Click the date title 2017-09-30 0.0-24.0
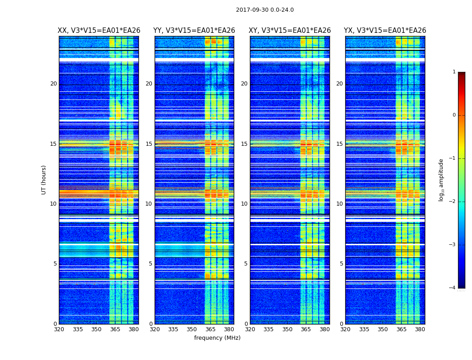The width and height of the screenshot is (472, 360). [x=265, y=10]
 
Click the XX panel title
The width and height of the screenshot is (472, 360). [x=99, y=31]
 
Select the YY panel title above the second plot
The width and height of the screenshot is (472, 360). [x=194, y=31]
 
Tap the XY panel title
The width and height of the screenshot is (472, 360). [x=290, y=31]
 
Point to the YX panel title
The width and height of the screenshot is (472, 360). [x=385, y=31]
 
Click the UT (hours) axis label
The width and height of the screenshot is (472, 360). [x=44, y=180]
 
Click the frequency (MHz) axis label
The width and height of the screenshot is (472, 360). [x=217, y=338]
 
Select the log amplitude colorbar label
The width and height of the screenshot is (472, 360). [x=441, y=180]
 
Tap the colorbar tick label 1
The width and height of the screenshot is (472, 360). [x=454, y=72]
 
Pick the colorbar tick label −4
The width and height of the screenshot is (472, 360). [x=453, y=288]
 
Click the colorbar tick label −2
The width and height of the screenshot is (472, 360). [x=453, y=202]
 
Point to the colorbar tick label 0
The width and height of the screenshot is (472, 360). [x=454, y=115]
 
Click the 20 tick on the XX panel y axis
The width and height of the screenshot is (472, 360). [x=53, y=84]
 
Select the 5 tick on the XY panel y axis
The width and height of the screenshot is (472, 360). [x=246, y=264]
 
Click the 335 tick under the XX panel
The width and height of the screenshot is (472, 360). [x=78, y=329]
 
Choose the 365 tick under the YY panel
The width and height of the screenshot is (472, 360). [x=210, y=329]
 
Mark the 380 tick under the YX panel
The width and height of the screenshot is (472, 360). [x=420, y=329]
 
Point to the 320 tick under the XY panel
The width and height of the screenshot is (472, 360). [x=250, y=329]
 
